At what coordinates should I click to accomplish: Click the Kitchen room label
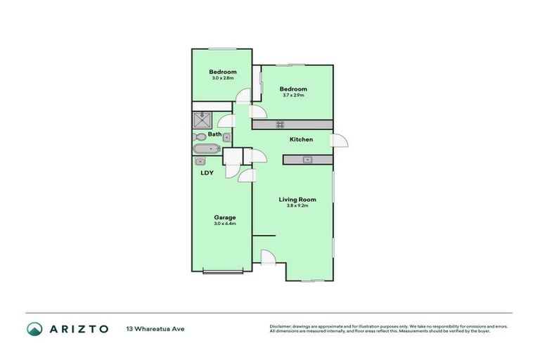click(301, 139)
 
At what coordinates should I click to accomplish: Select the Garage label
click(225, 217)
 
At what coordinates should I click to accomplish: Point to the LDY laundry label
click(207, 172)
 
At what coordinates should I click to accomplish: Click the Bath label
click(214, 134)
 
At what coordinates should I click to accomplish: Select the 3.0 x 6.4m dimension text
click(225, 224)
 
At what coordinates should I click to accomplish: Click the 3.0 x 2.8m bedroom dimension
click(223, 78)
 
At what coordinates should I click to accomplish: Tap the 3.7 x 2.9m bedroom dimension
click(293, 95)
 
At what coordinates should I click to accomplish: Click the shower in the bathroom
click(202, 120)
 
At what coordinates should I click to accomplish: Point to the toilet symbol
click(200, 136)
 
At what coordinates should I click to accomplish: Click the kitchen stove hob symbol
click(279, 124)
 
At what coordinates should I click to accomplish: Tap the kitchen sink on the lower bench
click(307, 160)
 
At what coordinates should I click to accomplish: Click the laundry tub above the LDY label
click(200, 161)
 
